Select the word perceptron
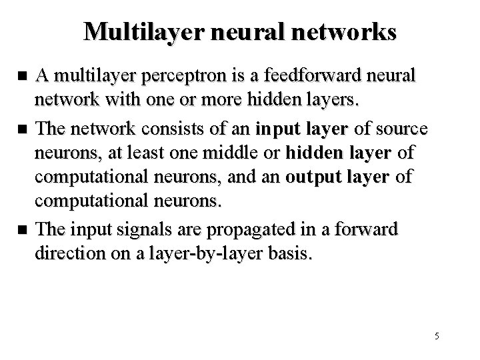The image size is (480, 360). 172,77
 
